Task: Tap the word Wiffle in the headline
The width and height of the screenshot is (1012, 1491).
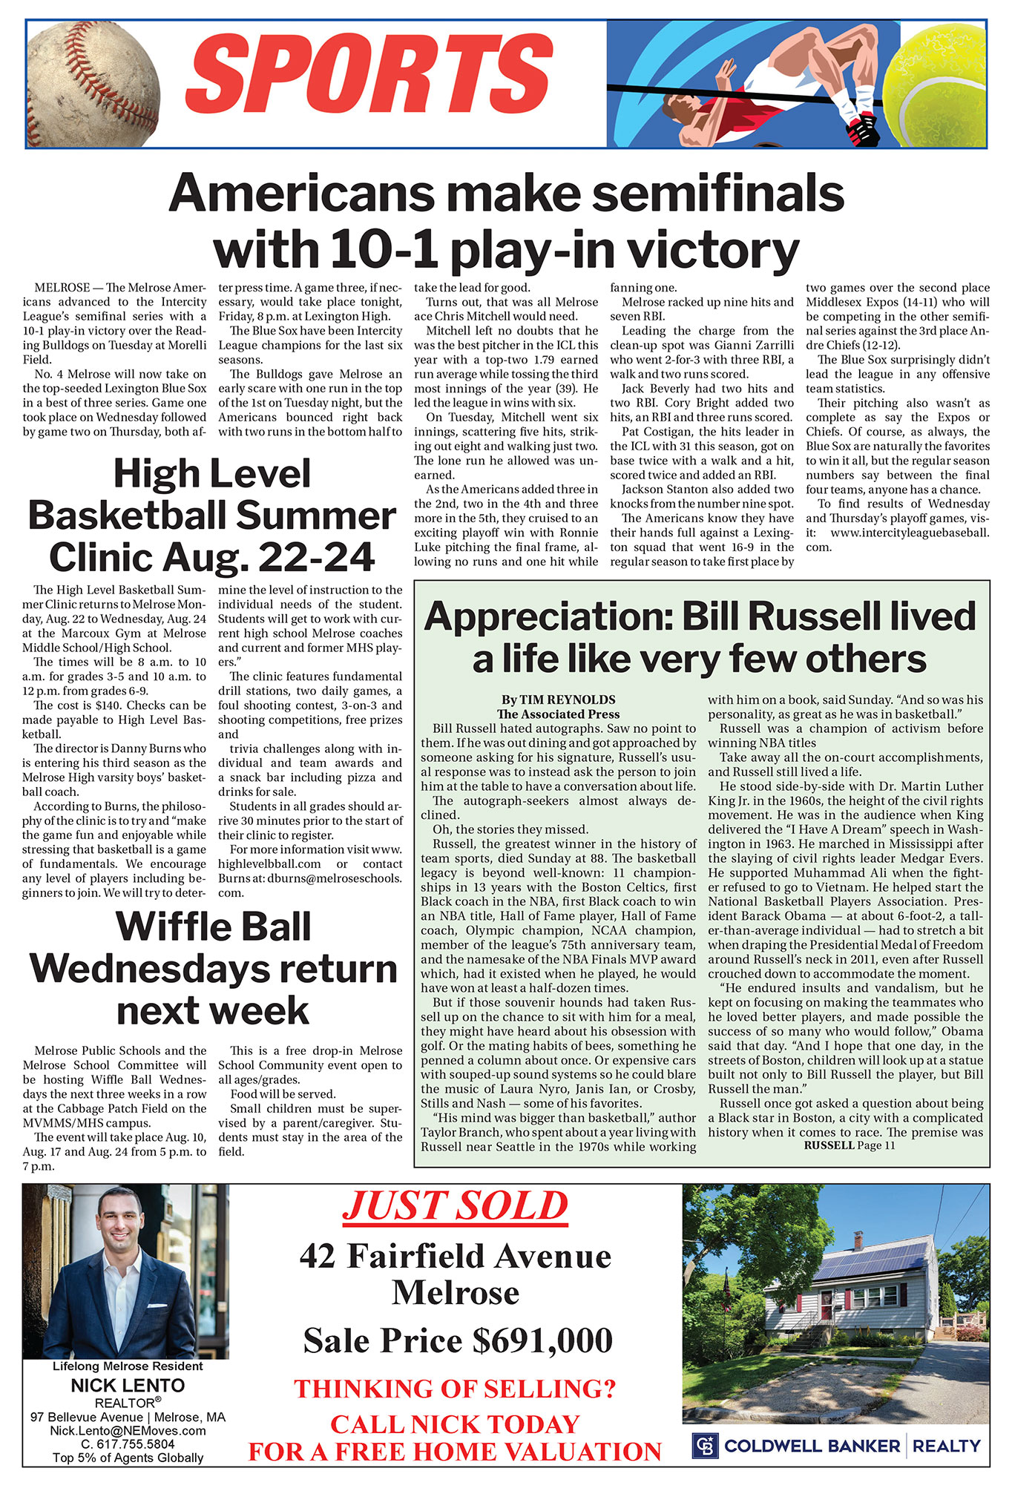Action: pyautogui.click(x=169, y=926)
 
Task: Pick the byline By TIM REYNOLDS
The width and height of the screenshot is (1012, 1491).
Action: pyautogui.click(x=558, y=700)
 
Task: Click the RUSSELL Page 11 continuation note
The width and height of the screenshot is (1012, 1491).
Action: pyautogui.click(x=850, y=1145)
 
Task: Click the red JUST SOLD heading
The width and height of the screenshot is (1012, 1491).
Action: pyautogui.click(x=455, y=1206)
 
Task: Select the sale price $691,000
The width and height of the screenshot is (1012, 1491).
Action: pyautogui.click(x=542, y=1340)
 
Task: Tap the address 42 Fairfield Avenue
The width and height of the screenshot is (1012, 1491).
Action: pyautogui.click(x=455, y=1256)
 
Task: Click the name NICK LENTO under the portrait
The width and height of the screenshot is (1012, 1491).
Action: pyautogui.click(x=128, y=1385)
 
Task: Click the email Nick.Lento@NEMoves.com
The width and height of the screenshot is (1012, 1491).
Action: pyautogui.click(x=128, y=1430)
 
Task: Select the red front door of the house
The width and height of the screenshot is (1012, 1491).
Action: pyautogui.click(x=826, y=1310)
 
